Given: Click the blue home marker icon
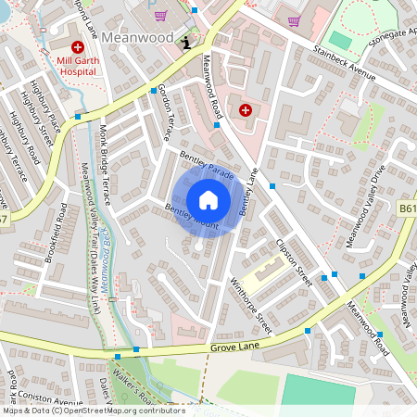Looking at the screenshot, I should pyautogui.click(x=208, y=200).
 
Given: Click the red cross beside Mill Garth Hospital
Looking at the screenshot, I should pyautogui.click(x=77, y=45).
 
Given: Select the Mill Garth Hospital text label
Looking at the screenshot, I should pyautogui.click(x=77, y=66).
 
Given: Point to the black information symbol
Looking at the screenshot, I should pyautogui.click(x=187, y=42).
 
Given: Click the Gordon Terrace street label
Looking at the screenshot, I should pyautogui.click(x=166, y=110).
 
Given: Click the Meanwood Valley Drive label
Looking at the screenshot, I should pyautogui.click(x=363, y=206).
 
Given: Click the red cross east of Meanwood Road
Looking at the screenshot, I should pyautogui.click(x=246, y=110).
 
